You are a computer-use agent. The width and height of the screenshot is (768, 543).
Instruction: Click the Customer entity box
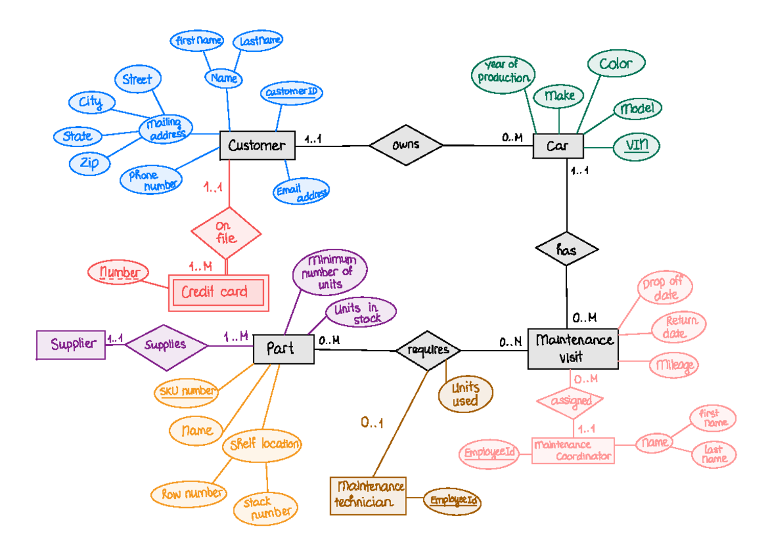tap(257, 145)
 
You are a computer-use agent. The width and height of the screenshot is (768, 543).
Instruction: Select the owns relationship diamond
tap(406, 145)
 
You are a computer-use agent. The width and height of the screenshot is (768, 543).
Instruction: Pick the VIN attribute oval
tap(637, 146)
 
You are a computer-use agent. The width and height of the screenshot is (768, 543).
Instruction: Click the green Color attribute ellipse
tap(616, 64)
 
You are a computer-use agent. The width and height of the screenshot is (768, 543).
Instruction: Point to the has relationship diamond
tap(566, 251)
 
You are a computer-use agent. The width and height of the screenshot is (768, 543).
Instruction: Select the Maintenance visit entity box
tap(573, 349)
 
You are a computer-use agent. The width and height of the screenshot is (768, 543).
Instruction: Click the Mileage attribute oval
tap(673, 365)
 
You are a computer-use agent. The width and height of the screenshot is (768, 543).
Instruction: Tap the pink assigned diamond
tap(570, 401)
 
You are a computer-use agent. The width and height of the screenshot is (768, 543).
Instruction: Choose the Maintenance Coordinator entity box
tap(573, 451)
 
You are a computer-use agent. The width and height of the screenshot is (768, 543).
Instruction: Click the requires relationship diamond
tap(428, 350)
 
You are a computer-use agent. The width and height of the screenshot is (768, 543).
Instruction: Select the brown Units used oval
tap(465, 394)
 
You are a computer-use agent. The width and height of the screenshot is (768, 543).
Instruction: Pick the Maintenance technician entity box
tap(369, 495)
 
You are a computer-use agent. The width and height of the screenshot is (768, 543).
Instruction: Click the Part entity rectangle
tap(283, 349)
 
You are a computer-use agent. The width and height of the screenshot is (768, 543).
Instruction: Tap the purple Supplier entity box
tap(71, 344)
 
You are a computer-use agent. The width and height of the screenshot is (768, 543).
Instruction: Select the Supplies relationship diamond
tap(166, 345)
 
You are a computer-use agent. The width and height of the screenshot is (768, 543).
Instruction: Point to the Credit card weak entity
tap(217, 292)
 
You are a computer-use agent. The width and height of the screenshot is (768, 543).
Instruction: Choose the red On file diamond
tap(226, 233)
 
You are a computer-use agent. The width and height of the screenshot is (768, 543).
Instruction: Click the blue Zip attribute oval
tap(90, 163)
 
